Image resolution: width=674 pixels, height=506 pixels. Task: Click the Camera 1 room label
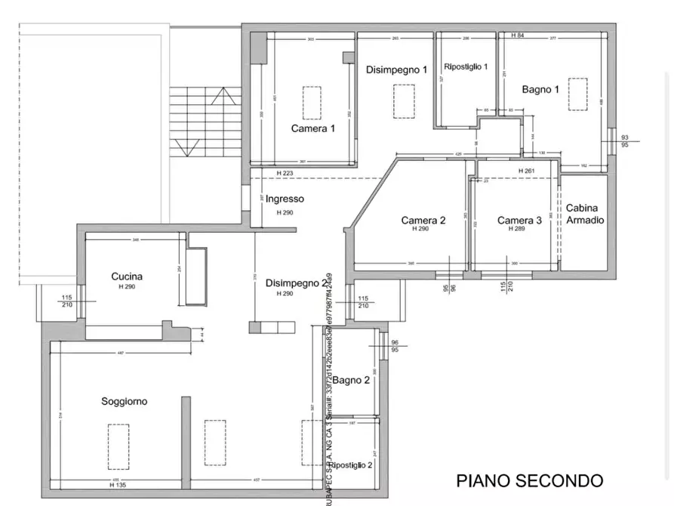click(312, 128)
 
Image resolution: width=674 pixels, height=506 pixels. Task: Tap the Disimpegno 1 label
click(396, 69)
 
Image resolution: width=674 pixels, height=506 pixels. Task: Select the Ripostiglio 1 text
click(466, 66)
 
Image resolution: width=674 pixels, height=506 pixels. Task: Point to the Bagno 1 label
click(540, 89)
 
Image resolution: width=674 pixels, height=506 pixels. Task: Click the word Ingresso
click(285, 199)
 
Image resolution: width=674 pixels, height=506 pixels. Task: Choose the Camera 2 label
click(423, 221)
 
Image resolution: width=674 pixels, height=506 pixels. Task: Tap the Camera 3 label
click(519, 221)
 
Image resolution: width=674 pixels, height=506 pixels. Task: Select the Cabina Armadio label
click(585, 214)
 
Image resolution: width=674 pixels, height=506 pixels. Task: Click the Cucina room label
click(126, 276)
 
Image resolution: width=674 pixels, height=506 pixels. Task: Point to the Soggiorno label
click(125, 402)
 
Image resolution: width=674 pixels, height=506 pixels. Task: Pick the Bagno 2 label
click(351, 380)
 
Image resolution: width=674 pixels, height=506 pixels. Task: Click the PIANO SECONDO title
click(530, 480)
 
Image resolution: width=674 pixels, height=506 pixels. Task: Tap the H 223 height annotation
click(285, 174)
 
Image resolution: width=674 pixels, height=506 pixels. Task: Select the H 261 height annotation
click(526, 171)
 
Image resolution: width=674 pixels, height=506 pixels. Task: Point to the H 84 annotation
click(518, 35)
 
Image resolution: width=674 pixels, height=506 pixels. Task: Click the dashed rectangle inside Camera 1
click(312, 102)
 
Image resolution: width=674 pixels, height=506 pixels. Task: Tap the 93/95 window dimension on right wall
click(625, 141)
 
